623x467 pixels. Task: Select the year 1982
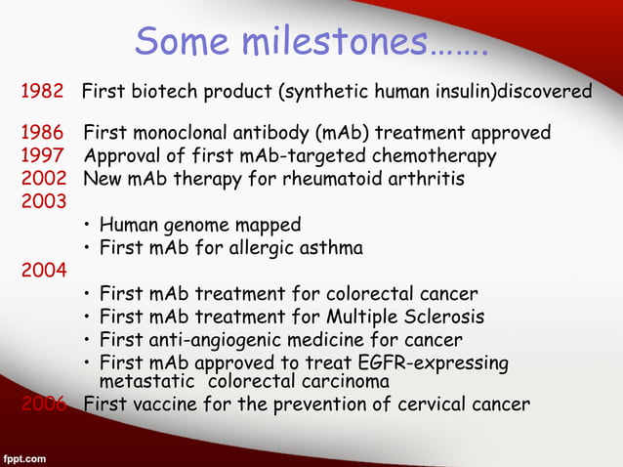coord(43,92)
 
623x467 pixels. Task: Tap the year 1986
coord(43,132)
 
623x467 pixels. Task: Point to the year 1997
coord(43,155)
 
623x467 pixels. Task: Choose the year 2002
coord(43,179)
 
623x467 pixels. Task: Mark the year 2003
coord(43,202)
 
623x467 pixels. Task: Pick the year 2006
coord(43,403)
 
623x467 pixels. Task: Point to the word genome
coord(187,226)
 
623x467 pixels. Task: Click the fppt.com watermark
coord(26,456)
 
